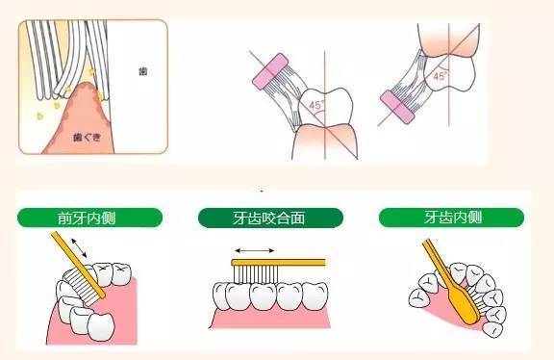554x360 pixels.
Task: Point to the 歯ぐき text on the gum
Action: [92, 138]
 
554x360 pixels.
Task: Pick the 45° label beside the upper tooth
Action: [441, 73]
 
